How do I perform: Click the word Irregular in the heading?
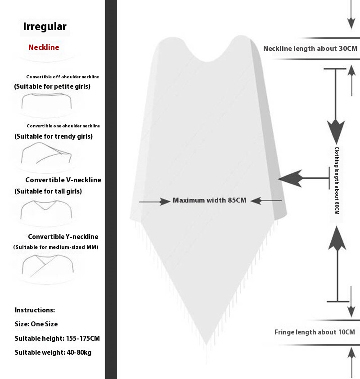pos(45,27)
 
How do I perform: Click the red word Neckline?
pos(44,47)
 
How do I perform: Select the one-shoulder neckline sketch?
pos(47,154)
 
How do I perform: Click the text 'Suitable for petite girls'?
pos(52,86)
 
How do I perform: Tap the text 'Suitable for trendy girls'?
pos(54,136)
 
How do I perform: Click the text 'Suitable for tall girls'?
pos(48,191)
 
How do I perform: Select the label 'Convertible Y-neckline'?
pos(63,237)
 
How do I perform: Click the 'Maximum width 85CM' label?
pos(210,200)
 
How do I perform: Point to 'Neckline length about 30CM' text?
pos(310,49)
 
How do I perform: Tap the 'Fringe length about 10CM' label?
pos(315,332)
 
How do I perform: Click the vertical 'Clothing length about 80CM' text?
pos(337,180)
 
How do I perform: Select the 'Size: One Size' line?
pos(36,324)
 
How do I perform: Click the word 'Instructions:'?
pos(35,310)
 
